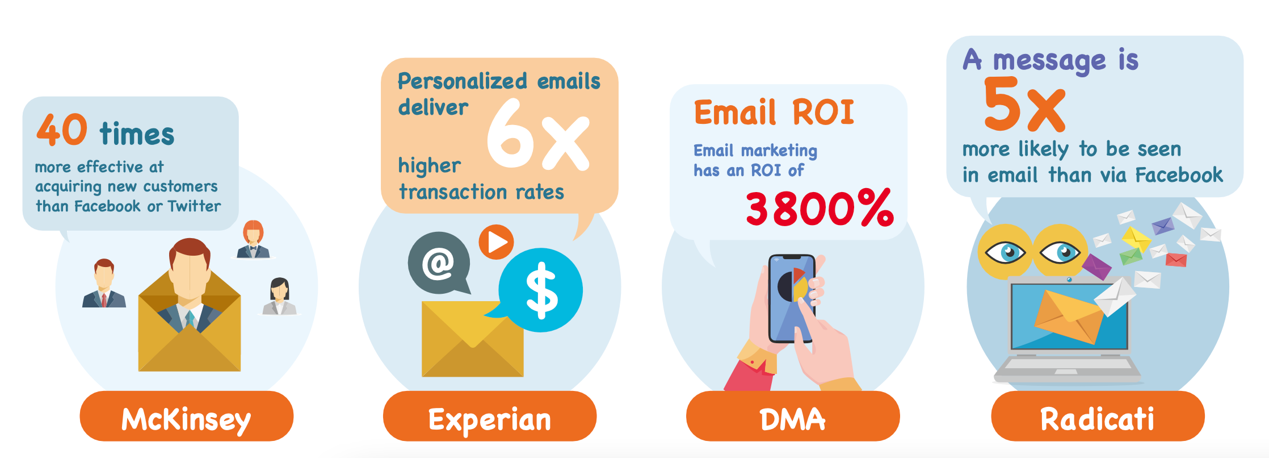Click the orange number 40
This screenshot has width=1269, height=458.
click(x=62, y=130)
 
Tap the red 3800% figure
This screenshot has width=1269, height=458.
click(x=820, y=209)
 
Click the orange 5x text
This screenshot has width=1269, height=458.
click(x=1024, y=105)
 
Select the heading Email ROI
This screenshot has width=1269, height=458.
click(x=774, y=112)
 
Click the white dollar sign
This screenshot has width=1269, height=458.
click(x=542, y=290)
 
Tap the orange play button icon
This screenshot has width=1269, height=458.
click(x=496, y=242)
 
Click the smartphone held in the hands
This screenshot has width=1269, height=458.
click(x=792, y=298)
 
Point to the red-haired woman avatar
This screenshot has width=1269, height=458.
click(x=253, y=239)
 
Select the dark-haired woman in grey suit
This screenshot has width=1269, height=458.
click(x=279, y=296)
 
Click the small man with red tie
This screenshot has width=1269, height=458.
click(x=104, y=284)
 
